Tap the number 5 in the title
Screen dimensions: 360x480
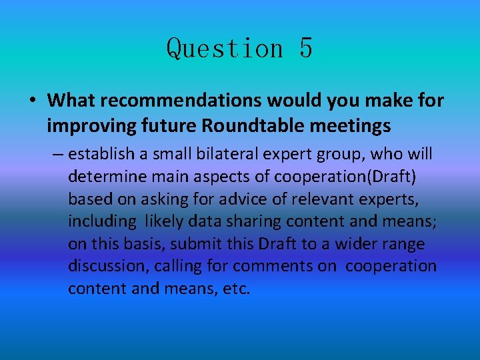[x=305, y=49]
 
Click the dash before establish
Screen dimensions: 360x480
[x=57, y=155]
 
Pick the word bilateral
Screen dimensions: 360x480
[x=222, y=155]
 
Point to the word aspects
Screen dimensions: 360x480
[x=211, y=177]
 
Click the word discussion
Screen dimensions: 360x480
[x=108, y=266]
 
